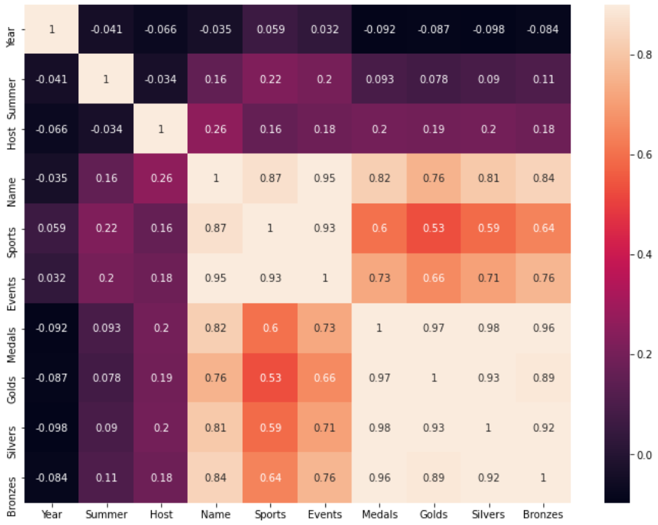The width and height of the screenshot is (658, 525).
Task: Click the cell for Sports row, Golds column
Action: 434,228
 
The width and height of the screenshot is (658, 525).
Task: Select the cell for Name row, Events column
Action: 325,179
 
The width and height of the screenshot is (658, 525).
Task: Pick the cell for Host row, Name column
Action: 216,128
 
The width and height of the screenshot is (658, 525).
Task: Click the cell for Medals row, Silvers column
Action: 489,328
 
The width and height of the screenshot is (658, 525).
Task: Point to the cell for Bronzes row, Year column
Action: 51,478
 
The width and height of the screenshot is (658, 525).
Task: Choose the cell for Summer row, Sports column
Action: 270,79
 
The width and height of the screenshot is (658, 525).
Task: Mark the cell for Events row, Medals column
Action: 379,278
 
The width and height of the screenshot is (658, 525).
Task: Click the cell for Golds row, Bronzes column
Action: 543,378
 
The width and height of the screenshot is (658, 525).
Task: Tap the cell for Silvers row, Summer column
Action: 106,428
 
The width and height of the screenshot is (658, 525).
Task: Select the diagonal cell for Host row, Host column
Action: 161,128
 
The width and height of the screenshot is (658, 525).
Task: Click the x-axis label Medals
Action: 379,515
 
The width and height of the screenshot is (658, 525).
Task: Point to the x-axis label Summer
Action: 106,515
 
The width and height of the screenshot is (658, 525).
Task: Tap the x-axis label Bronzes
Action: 543,515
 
